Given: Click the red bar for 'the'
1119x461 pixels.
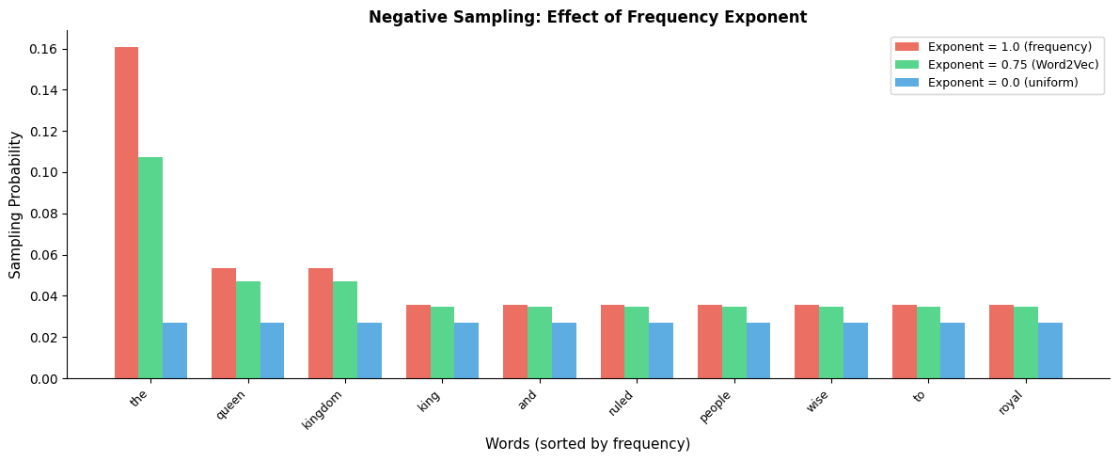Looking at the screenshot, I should (126, 213).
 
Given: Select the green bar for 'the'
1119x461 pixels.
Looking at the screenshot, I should (150, 268).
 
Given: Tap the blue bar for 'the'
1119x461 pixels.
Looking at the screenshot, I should (175, 351).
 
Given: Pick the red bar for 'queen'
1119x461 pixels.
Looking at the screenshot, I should (224, 324).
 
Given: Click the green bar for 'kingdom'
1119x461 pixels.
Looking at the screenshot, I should (345, 330).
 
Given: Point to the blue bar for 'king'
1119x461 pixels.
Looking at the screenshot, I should (466, 351).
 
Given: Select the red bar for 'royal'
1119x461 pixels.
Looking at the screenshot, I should (1001, 342).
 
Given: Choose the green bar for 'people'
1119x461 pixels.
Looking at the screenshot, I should (734, 342).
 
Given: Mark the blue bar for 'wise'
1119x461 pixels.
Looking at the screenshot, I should (856, 351).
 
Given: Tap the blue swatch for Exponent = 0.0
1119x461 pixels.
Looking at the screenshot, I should (906, 83).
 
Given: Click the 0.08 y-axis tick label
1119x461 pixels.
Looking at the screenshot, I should (43, 214).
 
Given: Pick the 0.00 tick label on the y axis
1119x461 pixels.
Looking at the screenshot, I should (43, 379).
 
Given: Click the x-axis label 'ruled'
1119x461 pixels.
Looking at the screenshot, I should (621, 404).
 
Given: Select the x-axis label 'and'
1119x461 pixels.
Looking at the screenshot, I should (528, 401).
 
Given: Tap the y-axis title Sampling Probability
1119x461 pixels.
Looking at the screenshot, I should (16, 204).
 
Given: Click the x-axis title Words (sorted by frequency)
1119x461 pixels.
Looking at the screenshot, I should (588, 444).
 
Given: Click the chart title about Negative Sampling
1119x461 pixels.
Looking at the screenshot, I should (588, 17).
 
